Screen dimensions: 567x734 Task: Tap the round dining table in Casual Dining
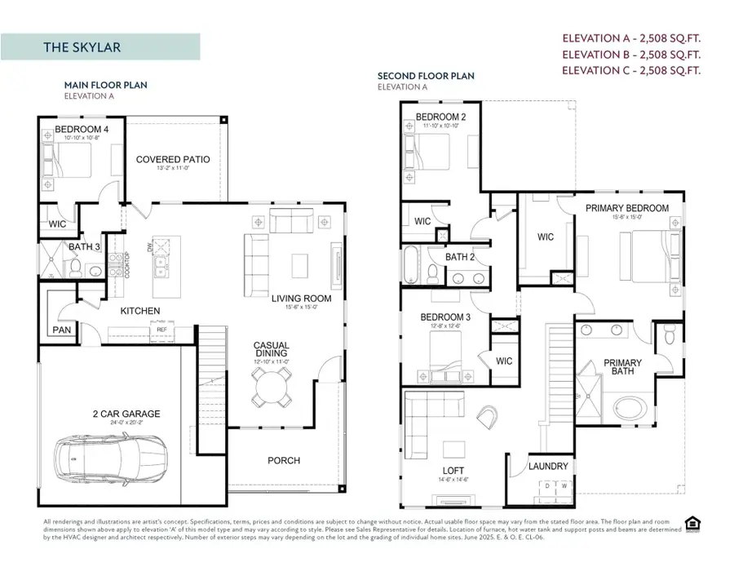point(272,386)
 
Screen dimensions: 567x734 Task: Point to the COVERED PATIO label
point(173,159)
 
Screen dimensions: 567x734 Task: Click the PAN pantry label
point(62,330)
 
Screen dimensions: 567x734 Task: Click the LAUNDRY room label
point(548,467)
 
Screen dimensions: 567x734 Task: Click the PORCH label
point(284,461)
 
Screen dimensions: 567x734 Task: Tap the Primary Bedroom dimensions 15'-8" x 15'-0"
point(626,217)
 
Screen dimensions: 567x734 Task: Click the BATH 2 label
point(460,257)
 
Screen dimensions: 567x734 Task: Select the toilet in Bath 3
point(74,267)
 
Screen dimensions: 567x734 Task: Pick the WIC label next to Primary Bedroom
point(545,237)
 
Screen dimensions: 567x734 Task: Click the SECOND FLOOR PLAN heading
point(425,76)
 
